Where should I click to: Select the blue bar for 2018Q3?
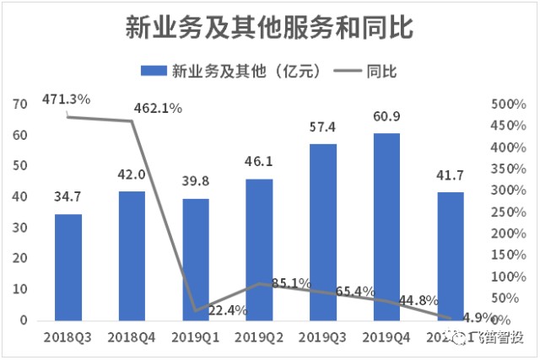tap(68, 267)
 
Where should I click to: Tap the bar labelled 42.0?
tap(132, 256)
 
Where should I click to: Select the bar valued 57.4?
tap(322, 233)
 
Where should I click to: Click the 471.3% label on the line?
tap(67, 100)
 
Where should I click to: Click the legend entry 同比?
tap(370, 71)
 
